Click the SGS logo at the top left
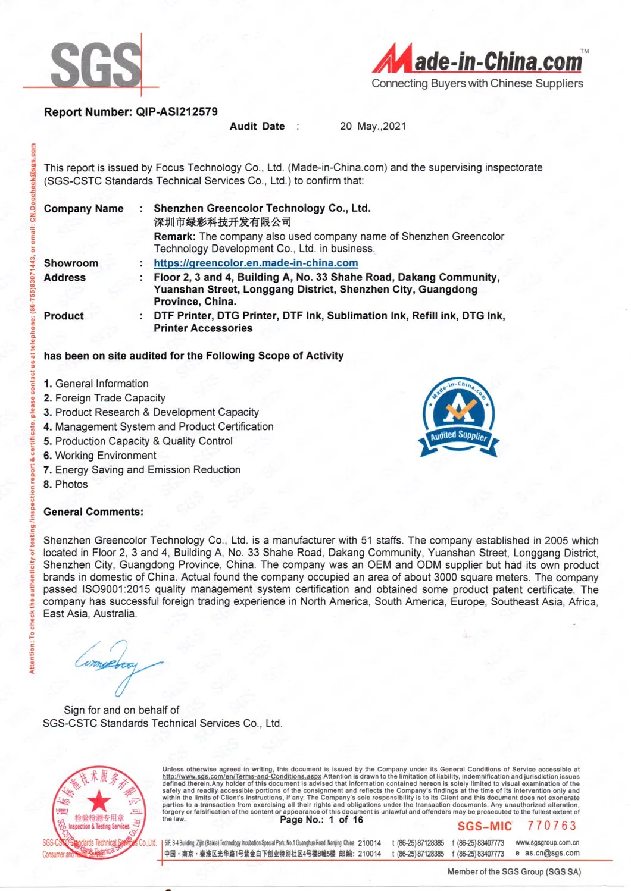(x=95, y=64)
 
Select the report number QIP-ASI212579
(x=177, y=112)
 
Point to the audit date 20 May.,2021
(x=373, y=126)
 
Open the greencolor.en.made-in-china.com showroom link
(x=256, y=263)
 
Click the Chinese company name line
(x=223, y=222)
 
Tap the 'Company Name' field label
(x=84, y=208)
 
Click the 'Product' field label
(x=64, y=316)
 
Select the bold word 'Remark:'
(x=174, y=236)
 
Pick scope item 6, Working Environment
(x=100, y=456)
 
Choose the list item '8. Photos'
(x=65, y=484)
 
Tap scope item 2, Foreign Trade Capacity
(x=105, y=398)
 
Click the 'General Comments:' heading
(x=93, y=512)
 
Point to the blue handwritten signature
(x=117, y=663)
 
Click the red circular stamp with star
(x=99, y=812)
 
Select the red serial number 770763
(x=552, y=826)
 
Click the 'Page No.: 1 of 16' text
(x=321, y=820)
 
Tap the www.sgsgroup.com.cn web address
(x=547, y=843)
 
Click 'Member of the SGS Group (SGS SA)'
(x=514, y=872)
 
